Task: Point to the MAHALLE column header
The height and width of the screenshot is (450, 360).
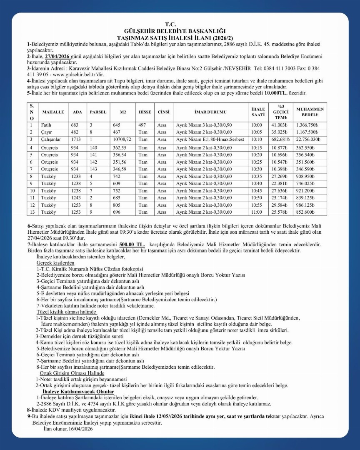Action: [x=53, y=112]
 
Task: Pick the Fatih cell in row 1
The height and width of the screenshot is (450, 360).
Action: [x=46, y=125]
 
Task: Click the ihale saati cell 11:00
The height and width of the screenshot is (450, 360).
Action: [x=257, y=212]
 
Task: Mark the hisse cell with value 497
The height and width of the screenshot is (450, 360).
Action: [x=142, y=125]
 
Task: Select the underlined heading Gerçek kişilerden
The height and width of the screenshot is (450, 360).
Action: [x=55, y=263]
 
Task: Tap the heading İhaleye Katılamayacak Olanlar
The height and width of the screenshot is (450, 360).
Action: [x=78, y=392]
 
